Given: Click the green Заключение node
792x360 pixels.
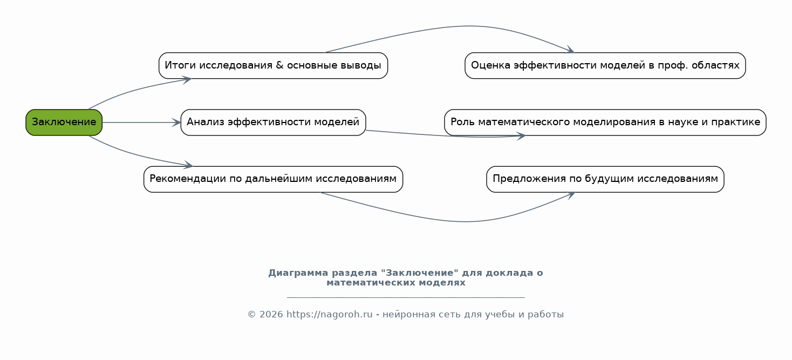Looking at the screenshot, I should click(64, 123).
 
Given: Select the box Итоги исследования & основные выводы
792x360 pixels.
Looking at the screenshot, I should click(273, 66).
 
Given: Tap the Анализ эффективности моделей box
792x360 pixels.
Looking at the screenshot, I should click(273, 123).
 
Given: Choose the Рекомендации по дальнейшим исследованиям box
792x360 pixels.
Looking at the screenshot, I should click(273, 179).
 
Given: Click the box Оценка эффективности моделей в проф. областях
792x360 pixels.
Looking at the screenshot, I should click(605, 66).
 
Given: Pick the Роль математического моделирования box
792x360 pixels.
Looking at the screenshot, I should click(605, 123).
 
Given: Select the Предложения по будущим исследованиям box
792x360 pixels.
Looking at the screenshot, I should click(605, 179).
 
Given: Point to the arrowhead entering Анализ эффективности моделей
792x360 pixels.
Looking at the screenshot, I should click(176, 123).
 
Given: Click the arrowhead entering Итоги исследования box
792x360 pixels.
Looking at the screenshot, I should click(187, 80).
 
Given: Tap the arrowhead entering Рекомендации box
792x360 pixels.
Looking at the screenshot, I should click(188, 165).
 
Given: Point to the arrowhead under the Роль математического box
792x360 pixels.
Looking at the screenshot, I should click(521, 136).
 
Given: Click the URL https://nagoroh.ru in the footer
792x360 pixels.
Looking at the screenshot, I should click(329, 315).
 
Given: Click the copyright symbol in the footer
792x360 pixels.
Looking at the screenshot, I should click(251, 315).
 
